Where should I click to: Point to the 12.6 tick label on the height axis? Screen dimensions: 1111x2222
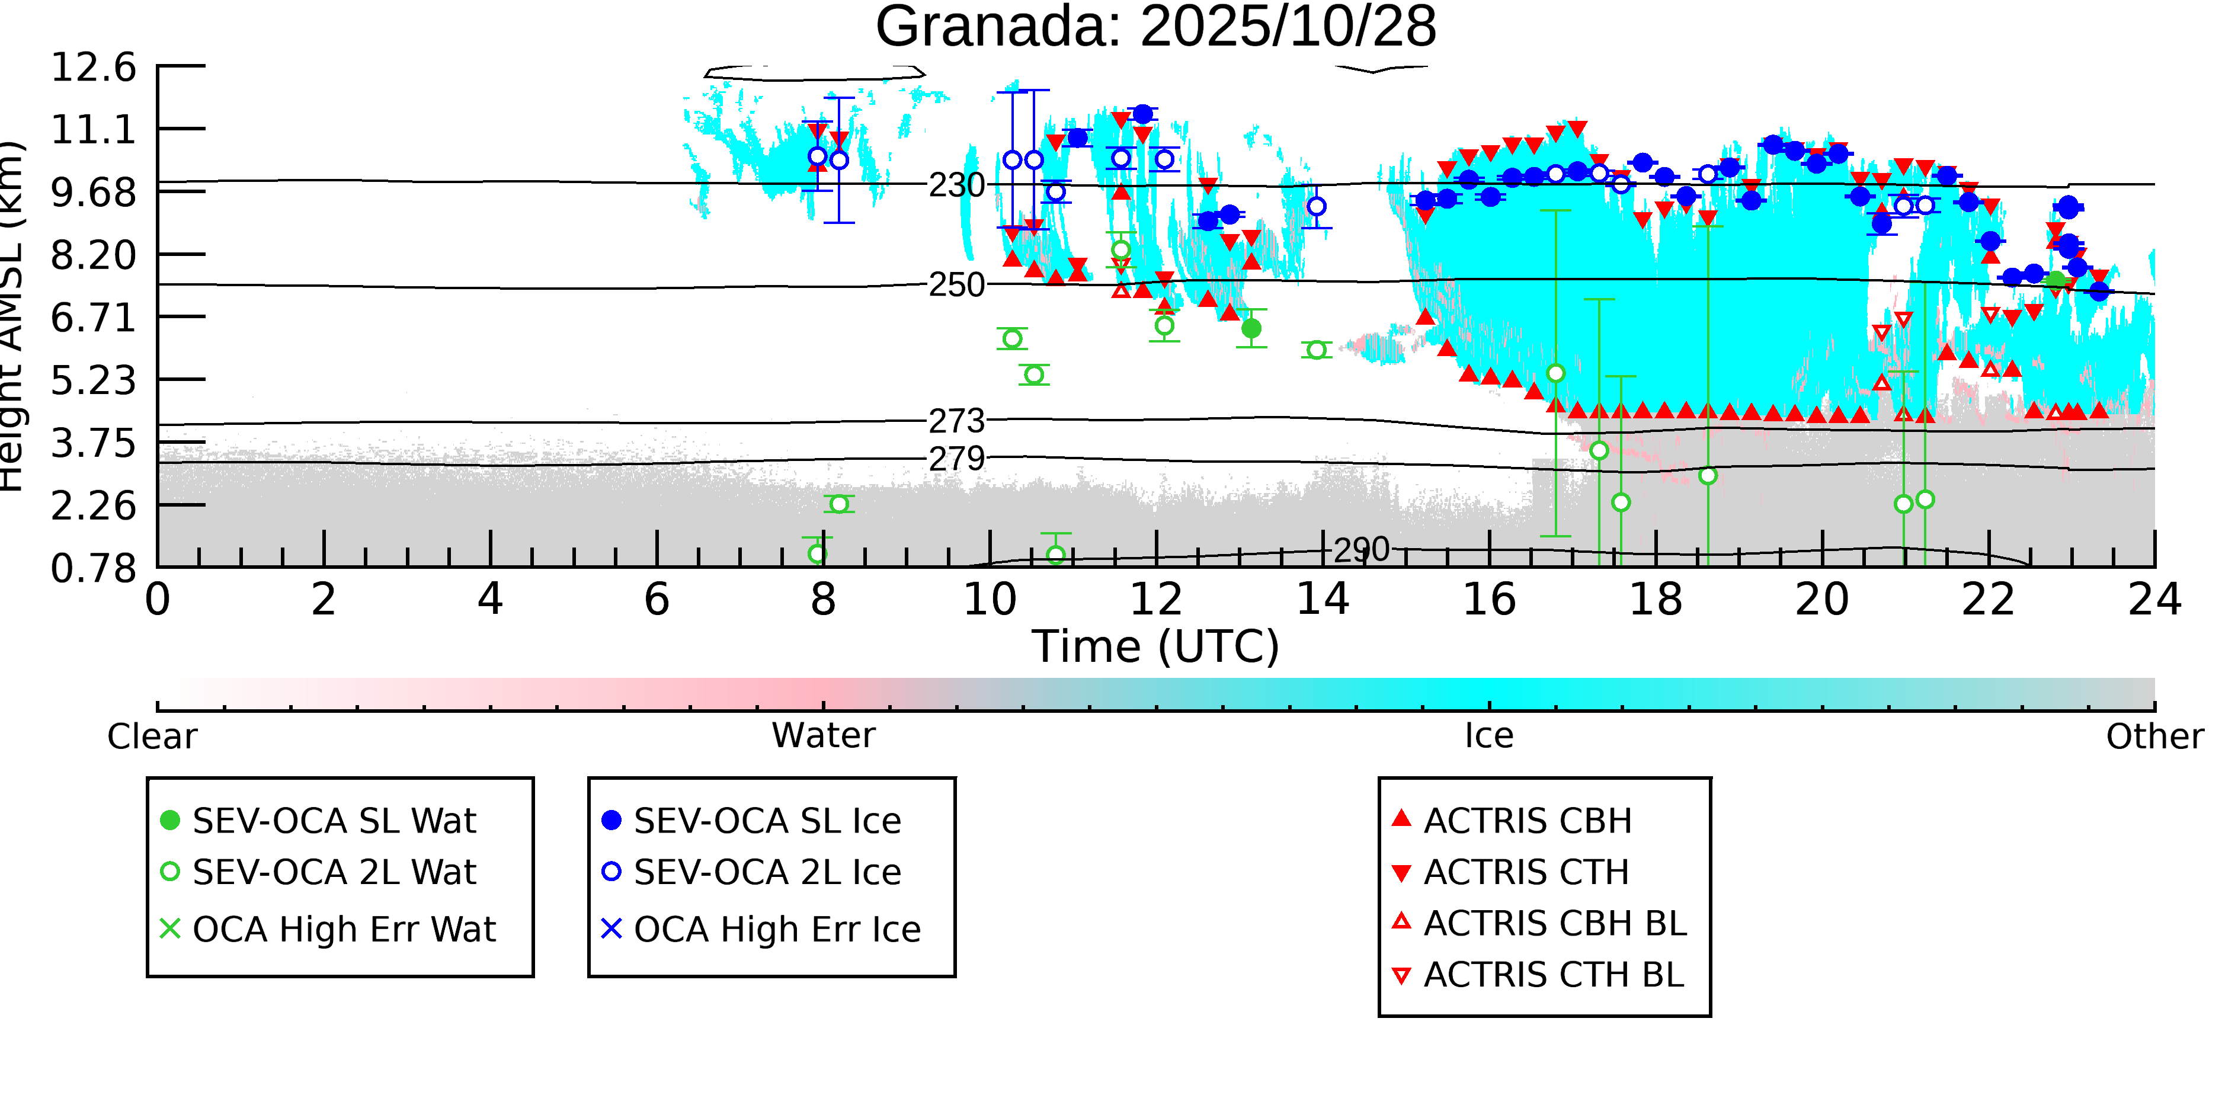coord(93,68)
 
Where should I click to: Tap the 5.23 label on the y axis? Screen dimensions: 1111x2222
coord(93,380)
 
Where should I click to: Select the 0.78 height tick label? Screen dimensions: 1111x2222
coord(93,568)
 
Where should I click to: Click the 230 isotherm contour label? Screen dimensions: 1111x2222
coord(956,185)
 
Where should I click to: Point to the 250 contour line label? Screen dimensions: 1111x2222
coord(956,284)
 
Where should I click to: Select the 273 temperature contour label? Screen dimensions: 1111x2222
coord(956,421)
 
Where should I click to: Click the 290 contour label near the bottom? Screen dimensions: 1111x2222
coord(1361,549)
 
